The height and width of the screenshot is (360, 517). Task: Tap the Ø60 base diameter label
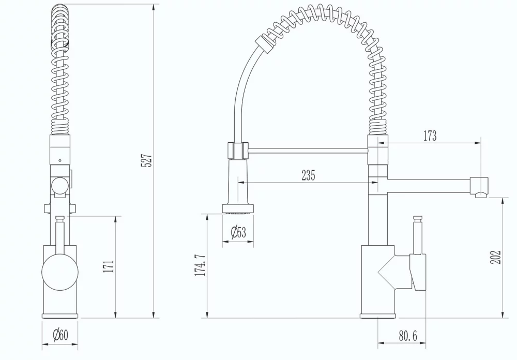[x=60, y=336]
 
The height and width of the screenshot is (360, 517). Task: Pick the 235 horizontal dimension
[x=308, y=175]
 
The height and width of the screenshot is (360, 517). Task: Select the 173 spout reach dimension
[x=430, y=136]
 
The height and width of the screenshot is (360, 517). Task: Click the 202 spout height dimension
[x=496, y=257]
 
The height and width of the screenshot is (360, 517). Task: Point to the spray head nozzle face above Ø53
[x=238, y=209]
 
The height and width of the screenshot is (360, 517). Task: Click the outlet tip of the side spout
[x=480, y=194]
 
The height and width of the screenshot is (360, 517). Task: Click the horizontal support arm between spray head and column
[x=308, y=151]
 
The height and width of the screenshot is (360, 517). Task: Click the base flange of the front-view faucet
[x=60, y=315]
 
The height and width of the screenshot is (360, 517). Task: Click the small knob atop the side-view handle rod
[x=419, y=218]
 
